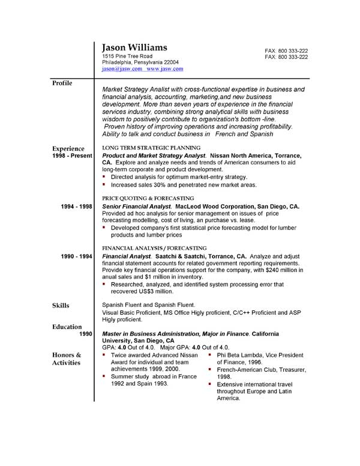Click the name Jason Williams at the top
coord(135,47)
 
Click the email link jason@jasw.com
coord(122,69)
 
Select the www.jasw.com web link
coord(165,69)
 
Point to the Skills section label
coord(61,306)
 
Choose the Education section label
coord(67,327)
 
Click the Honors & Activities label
coord(67,359)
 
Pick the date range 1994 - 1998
coord(77,207)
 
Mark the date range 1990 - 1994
coord(77,256)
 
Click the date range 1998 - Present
coord(73,156)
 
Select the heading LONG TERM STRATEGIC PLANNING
coord(151,147)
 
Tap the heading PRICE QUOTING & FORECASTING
coord(148,198)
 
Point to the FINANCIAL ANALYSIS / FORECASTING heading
coord(154,247)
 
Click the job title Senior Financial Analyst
coord(137,207)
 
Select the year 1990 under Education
coord(85,334)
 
